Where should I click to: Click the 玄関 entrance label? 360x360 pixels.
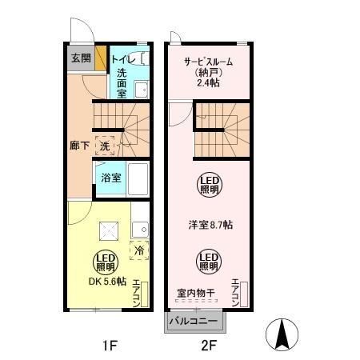pyautogui.click(x=79, y=58)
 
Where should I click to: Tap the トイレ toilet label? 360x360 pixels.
pyautogui.click(x=122, y=58)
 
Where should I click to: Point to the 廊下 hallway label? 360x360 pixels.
pyautogui.click(x=78, y=146)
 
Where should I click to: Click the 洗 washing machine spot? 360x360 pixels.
pyautogui.click(x=105, y=146)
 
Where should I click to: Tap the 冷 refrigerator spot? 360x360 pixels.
pyautogui.click(x=138, y=249)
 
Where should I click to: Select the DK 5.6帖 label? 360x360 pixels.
pyautogui.click(x=107, y=281)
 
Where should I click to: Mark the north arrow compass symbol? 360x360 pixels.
pyautogui.click(x=282, y=334)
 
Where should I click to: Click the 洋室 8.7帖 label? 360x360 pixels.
pyautogui.click(x=210, y=225)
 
